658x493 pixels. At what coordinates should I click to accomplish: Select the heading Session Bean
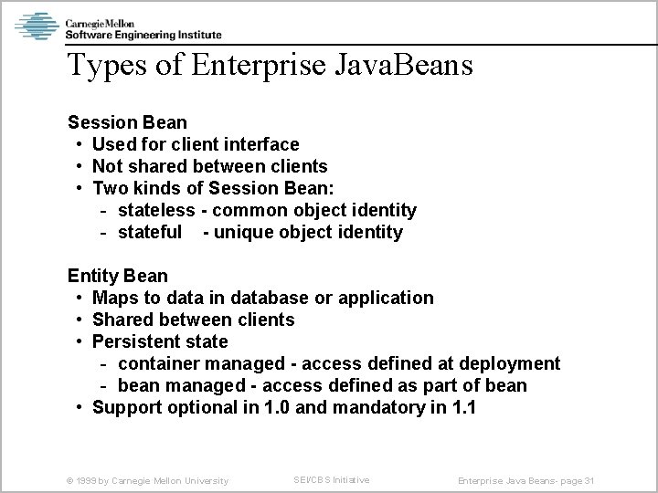tap(127, 121)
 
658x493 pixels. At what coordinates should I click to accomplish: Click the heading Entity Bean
tap(118, 275)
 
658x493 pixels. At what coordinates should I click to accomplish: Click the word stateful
tap(151, 232)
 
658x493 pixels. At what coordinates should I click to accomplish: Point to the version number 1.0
tap(277, 407)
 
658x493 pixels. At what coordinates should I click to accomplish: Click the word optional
tap(206, 407)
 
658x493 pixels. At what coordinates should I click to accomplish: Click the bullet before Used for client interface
tap(80, 144)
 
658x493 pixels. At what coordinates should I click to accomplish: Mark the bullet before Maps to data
tap(80, 298)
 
